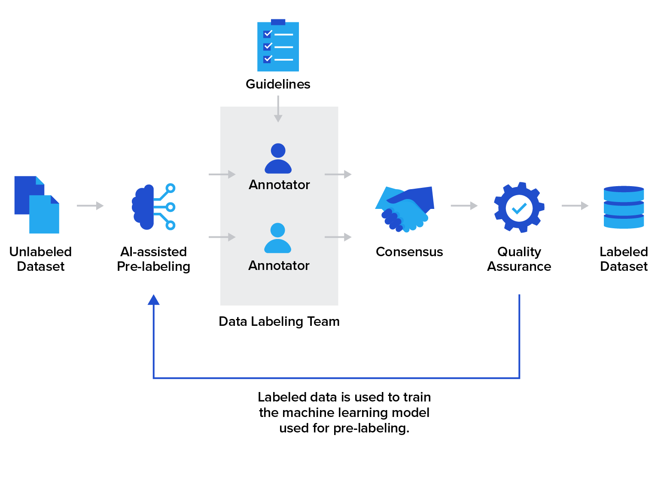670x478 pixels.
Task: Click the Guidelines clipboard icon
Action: (x=278, y=46)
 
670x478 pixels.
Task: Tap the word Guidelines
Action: (x=278, y=84)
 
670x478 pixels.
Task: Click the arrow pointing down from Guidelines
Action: (x=278, y=109)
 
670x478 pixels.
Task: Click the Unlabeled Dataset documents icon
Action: (x=37, y=205)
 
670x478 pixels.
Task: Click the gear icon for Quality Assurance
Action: (x=519, y=208)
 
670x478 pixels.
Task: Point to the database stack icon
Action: (x=624, y=207)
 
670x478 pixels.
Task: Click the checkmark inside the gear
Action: (x=519, y=208)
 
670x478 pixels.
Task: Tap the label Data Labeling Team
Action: (x=279, y=322)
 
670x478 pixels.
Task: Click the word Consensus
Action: (x=409, y=252)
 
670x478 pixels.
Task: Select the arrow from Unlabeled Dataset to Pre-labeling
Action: (x=90, y=206)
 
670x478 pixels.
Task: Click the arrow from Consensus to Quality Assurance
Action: (x=464, y=206)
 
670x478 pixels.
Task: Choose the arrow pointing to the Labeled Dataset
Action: (x=575, y=206)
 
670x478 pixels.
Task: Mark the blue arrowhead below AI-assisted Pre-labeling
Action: (x=153, y=300)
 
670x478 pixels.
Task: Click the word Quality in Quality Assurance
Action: (x=519, y=252)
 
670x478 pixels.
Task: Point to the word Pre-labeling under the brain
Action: (x=153, y=267)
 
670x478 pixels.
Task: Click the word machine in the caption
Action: (x=307, y=413)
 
